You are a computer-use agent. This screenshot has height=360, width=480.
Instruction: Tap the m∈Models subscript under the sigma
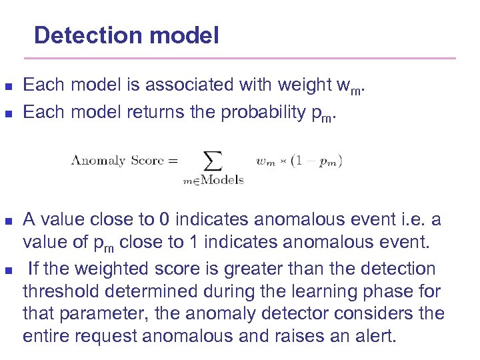click(x=213, y=179)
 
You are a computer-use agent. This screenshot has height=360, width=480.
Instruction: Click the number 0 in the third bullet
click(x=164, y=220)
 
